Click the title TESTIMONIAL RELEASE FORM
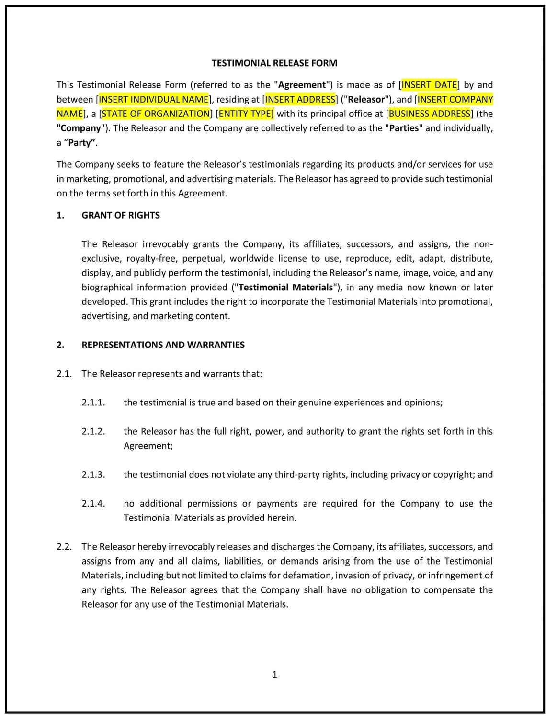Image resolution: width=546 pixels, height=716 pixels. click(274, 63)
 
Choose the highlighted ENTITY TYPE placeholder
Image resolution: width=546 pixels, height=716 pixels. click(245, 114)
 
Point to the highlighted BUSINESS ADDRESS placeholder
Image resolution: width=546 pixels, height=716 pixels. click(430, 114)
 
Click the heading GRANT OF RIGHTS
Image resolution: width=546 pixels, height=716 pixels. click(121, 215)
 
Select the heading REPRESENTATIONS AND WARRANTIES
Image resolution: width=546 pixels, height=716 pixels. click(163, 345)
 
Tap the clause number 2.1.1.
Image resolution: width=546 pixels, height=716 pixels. click(93, 403)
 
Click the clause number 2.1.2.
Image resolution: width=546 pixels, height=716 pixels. click(93, 431)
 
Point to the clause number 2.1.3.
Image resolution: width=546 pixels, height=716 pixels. click(93, 474)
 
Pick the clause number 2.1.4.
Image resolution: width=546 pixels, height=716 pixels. click(93, 503)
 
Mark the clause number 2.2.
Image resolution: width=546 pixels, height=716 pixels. click(64, 547)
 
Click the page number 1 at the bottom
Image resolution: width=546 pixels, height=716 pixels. click(274, 675)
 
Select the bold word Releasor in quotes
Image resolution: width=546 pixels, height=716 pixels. click(366, 99)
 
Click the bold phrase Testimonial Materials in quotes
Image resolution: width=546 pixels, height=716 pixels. click(285, 288)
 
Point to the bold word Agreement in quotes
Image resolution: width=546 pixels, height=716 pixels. click(302, 85)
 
